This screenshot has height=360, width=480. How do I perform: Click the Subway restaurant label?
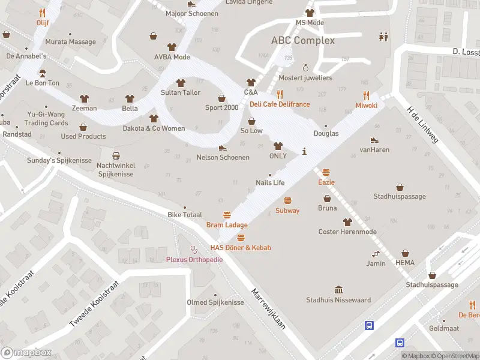(x=287, y=211)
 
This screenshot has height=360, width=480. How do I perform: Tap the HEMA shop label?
(x=405, y=263)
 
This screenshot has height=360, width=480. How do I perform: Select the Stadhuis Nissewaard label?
(x=338, y=300)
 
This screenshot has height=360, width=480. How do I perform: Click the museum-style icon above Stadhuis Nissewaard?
(x=338, y=290)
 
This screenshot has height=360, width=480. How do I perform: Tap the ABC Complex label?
(x=303, y=41)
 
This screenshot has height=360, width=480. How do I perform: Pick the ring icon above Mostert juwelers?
(x=305, y=68)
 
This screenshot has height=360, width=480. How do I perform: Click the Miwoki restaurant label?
(x=366, y=105)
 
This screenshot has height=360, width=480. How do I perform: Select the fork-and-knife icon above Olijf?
(x=42, y=13)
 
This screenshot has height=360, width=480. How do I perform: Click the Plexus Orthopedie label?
(x=194, y=259)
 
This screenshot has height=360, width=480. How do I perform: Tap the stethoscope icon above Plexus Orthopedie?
(x=193, y=249)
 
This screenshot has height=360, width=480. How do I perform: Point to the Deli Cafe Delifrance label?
(x=280, y=104)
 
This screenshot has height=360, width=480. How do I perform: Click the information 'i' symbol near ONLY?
(x=305, y=151)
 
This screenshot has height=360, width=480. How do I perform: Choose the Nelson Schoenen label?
(x=223, y=158)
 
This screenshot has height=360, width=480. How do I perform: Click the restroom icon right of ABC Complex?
(x=383, y=37)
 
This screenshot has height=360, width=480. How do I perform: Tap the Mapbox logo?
(x=25, y=353)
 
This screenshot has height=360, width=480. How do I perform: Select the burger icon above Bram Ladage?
(x=227, y=215)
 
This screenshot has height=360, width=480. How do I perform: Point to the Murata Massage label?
(x=70, y=42)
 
